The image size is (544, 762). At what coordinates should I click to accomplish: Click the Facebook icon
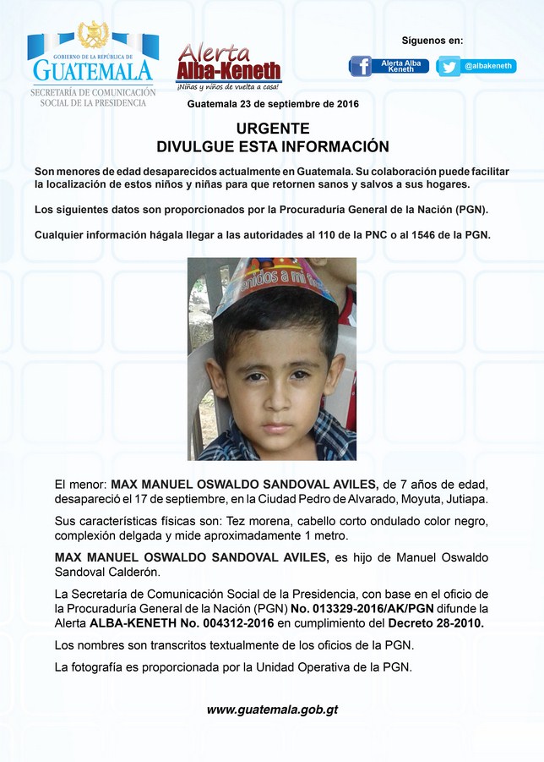pyautogui.click(x=361, y=66)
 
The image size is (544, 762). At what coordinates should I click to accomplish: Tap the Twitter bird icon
pyautogui.click(x=449, y=66)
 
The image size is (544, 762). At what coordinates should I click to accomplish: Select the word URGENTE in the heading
pyautogui.click(x=273, y=129)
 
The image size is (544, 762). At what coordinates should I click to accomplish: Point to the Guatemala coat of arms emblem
pyautogui.click(x=92, y=36)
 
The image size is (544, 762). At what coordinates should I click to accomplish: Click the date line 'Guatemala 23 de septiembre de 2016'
pyautogui.click(x=273, y=105)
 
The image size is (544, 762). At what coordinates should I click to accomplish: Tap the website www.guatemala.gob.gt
pyautogui.click(x=272, y=710)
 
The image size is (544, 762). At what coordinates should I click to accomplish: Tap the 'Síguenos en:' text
pyautogui.click(x=432, y=41)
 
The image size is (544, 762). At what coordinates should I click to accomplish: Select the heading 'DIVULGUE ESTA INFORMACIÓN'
pyautogui.click(x=273, y=146)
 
